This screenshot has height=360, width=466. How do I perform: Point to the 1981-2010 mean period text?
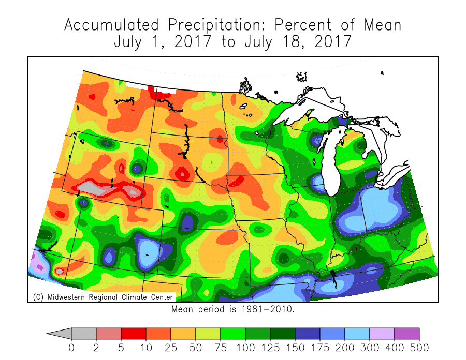tap(233, 309)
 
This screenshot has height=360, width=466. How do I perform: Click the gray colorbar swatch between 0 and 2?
tap(84, 334)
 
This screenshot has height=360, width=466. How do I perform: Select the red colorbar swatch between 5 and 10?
tap(134, 334)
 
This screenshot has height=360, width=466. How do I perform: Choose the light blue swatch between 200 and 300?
tap(357, 334)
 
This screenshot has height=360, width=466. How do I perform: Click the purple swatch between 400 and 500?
tap(407, 334)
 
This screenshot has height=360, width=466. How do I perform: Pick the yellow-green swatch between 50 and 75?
tap(208, 334)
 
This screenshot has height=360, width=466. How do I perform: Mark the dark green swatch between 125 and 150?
tap(283, 334)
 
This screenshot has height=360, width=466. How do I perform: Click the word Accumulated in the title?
tap(111, 25)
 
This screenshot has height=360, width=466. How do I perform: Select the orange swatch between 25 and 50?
tap(183, 334)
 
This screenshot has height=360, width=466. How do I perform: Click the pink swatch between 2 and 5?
tap(109, 334)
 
